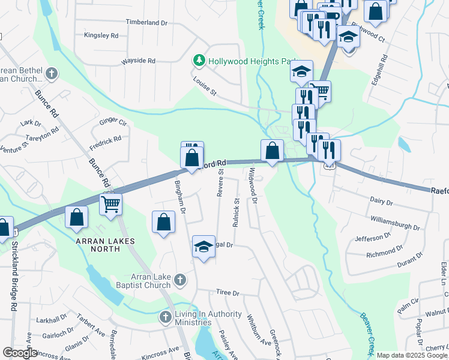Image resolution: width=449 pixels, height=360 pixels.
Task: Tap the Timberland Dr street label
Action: point(146,22)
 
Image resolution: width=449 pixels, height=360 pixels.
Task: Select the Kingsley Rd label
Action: point(101,35)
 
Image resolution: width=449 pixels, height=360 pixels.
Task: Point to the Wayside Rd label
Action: point(138,61)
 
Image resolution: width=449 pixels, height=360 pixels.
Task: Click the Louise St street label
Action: point(204,86)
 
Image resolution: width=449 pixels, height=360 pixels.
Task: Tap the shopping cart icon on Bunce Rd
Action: point(110,204)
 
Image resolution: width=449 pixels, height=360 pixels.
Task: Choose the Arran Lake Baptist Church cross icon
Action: point(179,279)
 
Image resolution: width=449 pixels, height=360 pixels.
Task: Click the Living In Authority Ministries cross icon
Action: point(166,316)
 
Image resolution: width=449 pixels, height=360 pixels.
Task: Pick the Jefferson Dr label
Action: point(373,238)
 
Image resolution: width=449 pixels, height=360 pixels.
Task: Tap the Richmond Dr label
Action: point(384,252)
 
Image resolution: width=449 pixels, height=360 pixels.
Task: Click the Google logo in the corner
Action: point(20,352)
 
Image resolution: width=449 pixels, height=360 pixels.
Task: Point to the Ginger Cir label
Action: point(113,122)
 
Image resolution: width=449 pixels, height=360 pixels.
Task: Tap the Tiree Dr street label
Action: point(228,293)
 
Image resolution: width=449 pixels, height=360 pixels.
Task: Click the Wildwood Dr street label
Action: point(253,185)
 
